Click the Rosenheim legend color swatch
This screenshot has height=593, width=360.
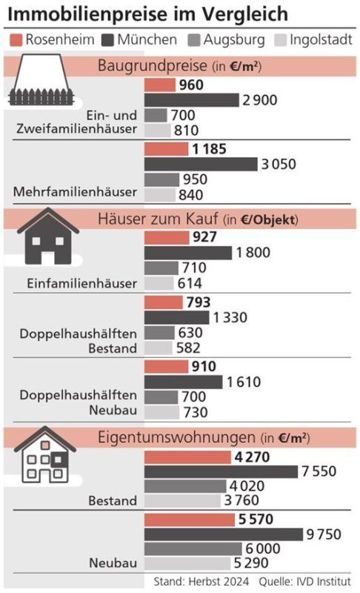tap(18, 39)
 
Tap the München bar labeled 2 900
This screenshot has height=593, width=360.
tap(191, 100)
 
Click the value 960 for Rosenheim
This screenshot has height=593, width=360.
tap(190, 85)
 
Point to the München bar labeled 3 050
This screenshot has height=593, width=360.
tap(200, 164)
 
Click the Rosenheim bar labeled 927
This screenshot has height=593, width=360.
tap(166, 238)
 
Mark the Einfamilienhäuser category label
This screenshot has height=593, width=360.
tap(82, 283)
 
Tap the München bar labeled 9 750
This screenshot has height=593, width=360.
tap(223, 534)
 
